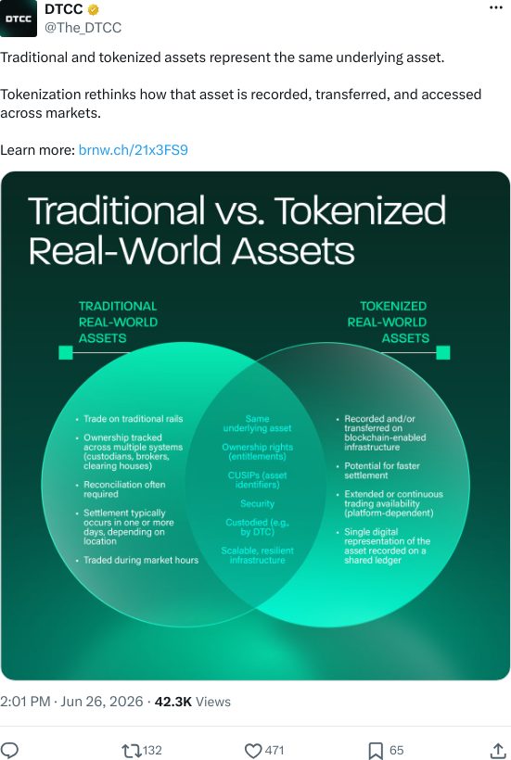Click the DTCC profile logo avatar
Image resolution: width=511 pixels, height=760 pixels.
[x=19, y=19]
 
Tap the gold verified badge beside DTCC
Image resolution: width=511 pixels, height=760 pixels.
[x=94, y=9]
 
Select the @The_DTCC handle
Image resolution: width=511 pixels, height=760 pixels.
[x=83, y=28]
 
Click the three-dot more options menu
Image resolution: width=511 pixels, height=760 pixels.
[x=496, y=7]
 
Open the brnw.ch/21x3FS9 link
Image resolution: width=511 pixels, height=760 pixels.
[x=134, y=150]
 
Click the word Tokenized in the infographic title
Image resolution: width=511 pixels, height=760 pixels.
[x=360, y=210]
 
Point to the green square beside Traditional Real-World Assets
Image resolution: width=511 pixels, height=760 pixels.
[x=66, y=352]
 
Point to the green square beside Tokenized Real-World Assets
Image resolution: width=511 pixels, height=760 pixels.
[x=443, y=352]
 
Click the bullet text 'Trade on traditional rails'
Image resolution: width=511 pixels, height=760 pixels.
[x=134, y=419]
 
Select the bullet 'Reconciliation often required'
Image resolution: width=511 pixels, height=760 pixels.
[x=124, y=489]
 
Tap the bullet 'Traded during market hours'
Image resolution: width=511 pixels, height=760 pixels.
[x=141, y=560]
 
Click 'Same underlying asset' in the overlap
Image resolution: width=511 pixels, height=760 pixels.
[x=258, y=424]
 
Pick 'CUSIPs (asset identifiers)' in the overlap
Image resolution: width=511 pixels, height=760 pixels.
[x=258, y=480]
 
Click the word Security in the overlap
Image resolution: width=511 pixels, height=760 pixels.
[x=258, y=503]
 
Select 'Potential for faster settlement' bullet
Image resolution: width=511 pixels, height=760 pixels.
[x=382, y=470]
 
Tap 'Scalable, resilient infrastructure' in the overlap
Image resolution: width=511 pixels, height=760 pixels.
[x=258, y=555]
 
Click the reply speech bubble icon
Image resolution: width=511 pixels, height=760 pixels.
[x=9, y=751]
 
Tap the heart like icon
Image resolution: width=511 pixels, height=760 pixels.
[x=253, y=751]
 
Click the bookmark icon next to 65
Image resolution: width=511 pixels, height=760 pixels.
[x=376, y=751]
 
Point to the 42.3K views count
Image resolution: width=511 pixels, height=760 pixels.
[x=173, y=702]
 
